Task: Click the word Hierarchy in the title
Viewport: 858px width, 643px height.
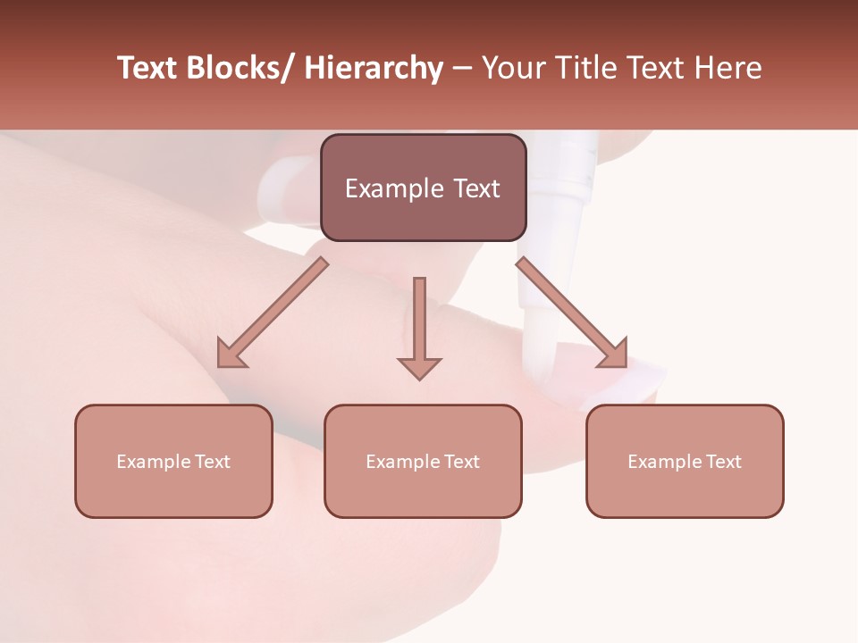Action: point(373,69)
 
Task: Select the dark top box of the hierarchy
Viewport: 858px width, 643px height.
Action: point(423,188)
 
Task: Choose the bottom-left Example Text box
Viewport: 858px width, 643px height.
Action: point(173,461)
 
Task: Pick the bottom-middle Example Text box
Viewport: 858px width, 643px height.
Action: point(423,461)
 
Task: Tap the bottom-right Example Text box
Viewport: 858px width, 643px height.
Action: point(685,461)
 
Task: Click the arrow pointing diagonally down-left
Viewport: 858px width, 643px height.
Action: point(273,313)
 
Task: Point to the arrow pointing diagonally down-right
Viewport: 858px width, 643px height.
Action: point(572,313)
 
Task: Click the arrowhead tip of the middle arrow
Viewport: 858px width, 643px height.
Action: point(419,375)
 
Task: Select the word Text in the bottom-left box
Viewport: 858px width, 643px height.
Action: point(213,462)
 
